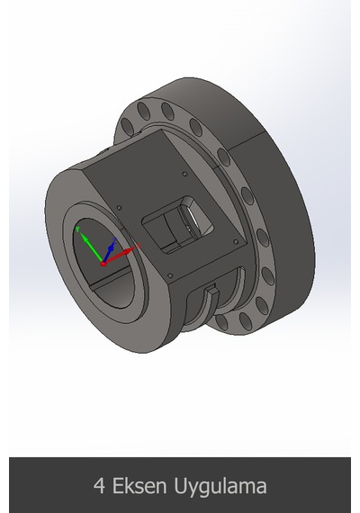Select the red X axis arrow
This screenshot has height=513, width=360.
(120, 256)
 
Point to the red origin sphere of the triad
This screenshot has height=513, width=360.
(103, 264)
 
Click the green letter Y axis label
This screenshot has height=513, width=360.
(77, 229)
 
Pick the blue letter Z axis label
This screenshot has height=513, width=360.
(114, 240)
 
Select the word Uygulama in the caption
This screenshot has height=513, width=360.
(220, 488)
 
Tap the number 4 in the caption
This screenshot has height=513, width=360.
(99, 486)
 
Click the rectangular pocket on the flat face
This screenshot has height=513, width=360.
(177, 225)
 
